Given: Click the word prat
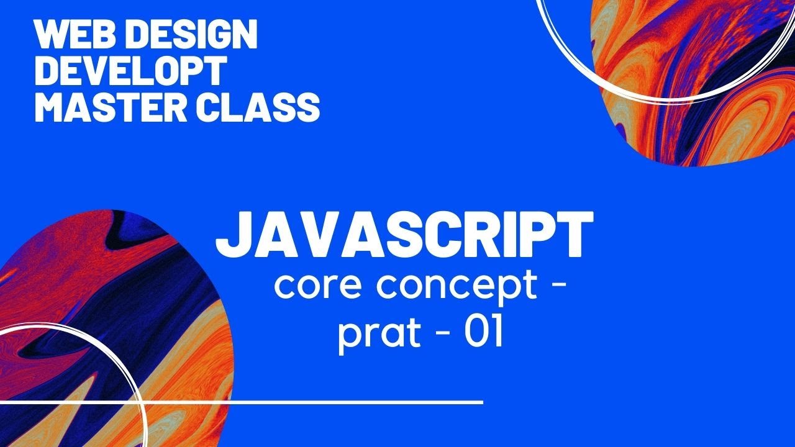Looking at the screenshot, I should coord(377,336).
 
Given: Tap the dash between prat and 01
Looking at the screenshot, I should coord(437,338).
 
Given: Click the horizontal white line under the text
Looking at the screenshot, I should coord(311,402).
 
